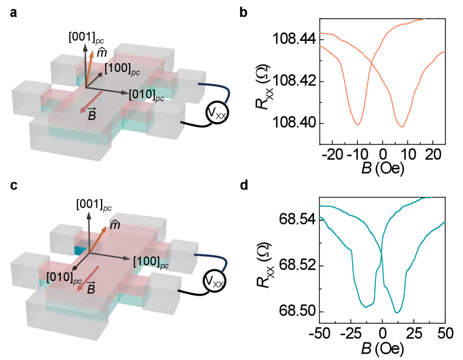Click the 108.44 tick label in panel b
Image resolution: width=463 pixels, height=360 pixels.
click(x=294, y=39)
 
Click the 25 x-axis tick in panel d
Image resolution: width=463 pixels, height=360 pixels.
click(x=413, y=335)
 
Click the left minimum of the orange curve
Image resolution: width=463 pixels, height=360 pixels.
click(x=357, y=124)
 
